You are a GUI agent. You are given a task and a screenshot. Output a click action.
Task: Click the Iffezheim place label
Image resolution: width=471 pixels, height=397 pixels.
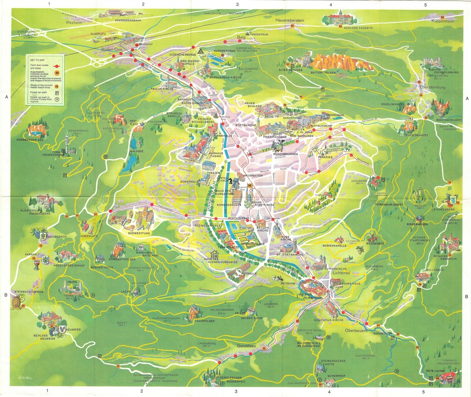coord(74,23)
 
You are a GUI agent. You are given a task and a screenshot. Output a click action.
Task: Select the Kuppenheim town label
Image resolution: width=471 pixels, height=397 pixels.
coord(443,21)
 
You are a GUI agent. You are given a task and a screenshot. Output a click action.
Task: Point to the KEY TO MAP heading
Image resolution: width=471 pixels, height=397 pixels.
coord(37,60)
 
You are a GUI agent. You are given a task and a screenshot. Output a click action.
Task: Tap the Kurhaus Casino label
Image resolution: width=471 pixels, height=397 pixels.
coord(216,155)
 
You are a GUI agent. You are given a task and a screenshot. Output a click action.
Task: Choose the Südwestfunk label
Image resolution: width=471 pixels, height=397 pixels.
coord(139,233)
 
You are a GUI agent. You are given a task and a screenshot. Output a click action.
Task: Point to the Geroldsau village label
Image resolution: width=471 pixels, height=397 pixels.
coord(246,346)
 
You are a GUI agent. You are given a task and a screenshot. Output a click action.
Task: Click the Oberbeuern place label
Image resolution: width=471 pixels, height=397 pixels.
coord(356,331)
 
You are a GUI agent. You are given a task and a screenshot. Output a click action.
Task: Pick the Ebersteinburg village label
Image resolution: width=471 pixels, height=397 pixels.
coord(432,87)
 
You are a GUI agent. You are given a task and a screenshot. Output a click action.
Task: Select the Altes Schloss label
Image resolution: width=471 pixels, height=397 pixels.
coord(290,70)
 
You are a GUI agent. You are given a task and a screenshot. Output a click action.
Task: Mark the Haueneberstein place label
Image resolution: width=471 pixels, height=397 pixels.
coord(290,20)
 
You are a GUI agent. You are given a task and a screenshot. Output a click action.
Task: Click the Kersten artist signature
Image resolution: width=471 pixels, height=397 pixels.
coord(25,377)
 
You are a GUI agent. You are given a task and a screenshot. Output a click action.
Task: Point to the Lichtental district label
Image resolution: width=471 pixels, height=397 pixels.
coord(341,273)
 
